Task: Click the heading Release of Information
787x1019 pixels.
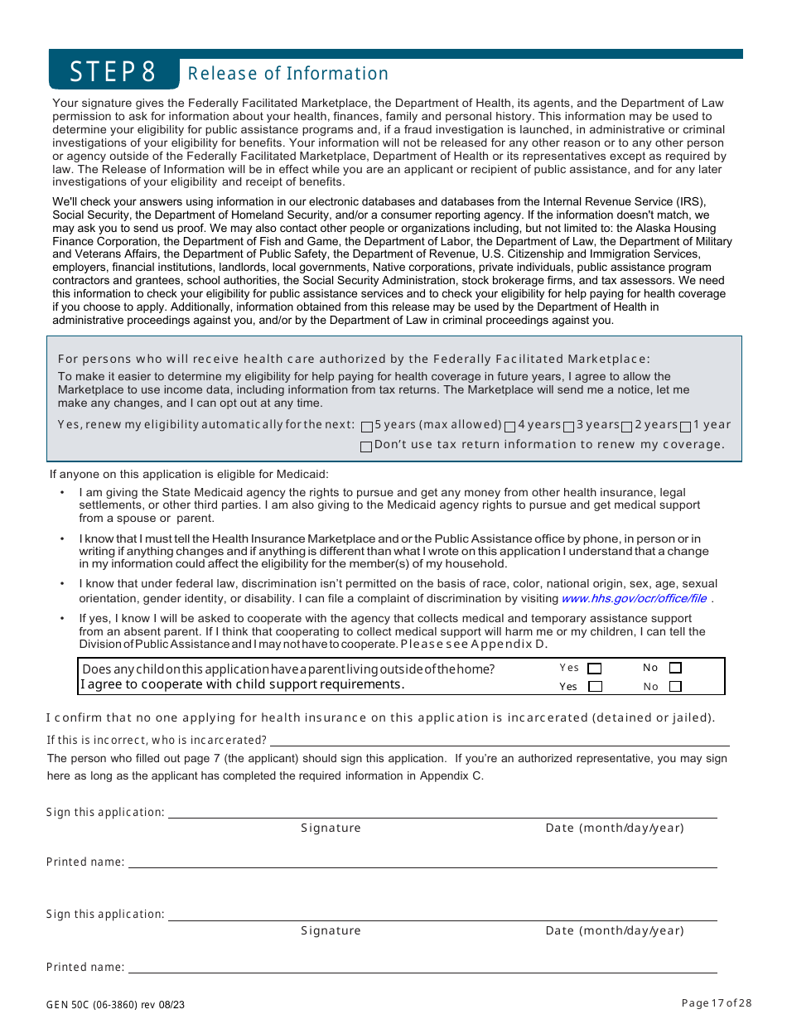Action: click(x=288, y=74)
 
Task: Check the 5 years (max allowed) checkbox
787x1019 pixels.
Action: click(x=367, y=427)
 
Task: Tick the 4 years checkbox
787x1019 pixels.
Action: click(x=510, y=427)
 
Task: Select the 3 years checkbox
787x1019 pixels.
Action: click(x=569, y=427)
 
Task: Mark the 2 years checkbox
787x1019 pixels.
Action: click(x=627, y=427)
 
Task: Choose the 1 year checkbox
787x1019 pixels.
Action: click(x=686, y=427)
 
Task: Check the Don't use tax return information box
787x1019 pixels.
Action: click(x=367, y=447)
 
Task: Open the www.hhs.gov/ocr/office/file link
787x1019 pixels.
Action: click(x=634, y=598)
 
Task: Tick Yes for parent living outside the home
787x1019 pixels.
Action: click(x=594, y=668)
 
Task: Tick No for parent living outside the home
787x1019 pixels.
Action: click(x=675, y=668)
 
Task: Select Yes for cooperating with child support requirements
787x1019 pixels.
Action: click(x=594, y=686)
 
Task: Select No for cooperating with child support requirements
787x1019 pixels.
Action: click(x=675, y=686)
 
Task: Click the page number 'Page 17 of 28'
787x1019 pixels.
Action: click(x=716, y=1003)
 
